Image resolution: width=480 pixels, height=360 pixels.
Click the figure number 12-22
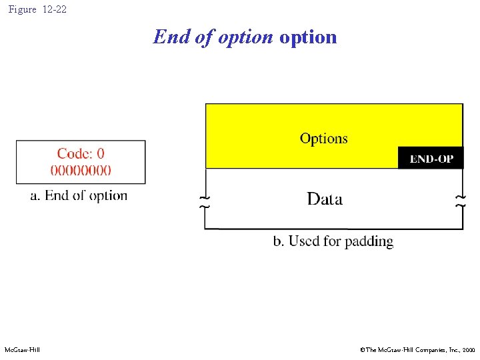coord(54,10)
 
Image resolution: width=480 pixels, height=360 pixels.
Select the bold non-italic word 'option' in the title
coord(308,37)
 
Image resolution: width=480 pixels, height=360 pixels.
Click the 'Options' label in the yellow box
coord(323,139)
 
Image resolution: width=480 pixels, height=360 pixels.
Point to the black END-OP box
coord(430,158)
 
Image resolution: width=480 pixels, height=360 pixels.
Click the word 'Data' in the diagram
coord(325,199)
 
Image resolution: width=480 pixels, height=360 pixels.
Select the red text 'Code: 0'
coord(81,154)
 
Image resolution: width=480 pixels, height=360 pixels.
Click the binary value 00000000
coord(81,169)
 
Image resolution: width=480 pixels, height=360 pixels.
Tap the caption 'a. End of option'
coord(79,195)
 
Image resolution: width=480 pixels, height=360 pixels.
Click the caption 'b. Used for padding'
coord(333,241)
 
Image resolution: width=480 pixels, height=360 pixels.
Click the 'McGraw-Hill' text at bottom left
coord(22,350)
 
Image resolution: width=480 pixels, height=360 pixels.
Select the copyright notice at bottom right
coord(417,350)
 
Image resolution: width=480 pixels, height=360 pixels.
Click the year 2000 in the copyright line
coord(468,350)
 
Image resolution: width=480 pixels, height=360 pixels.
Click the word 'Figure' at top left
coord(23,10)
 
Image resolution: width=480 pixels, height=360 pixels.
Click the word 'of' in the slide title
coord(203,37)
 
